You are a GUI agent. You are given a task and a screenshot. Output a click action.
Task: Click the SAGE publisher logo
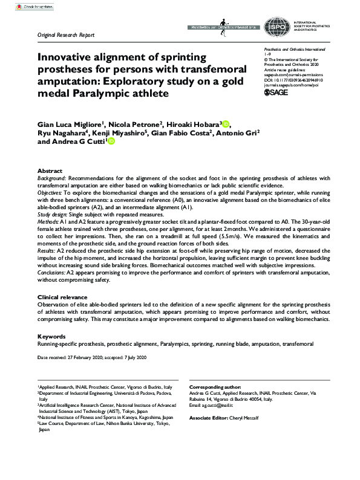point(277,92)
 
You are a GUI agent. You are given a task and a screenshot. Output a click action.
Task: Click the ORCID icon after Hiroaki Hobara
point(226,125)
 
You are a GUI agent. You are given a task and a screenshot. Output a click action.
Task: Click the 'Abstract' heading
point(50,171)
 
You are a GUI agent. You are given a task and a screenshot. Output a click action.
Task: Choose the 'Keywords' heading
point(51,336)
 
